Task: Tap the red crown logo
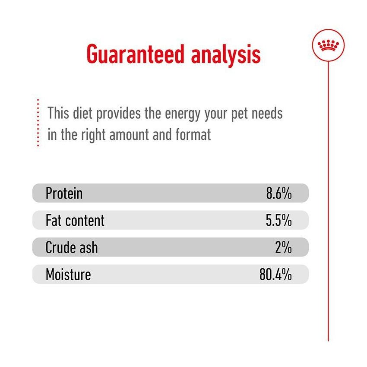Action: pos(328,45)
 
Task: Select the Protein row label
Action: pos(64,193)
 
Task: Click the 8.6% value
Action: pos(279,193)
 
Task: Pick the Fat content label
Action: pos(75,220)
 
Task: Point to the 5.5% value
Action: pos(279,220)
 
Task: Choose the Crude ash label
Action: pos(72,247)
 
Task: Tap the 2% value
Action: pos(284,247)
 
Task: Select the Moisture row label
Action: pos(68,275)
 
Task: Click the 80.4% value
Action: pos(275,275)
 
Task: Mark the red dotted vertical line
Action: pos(38,123)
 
